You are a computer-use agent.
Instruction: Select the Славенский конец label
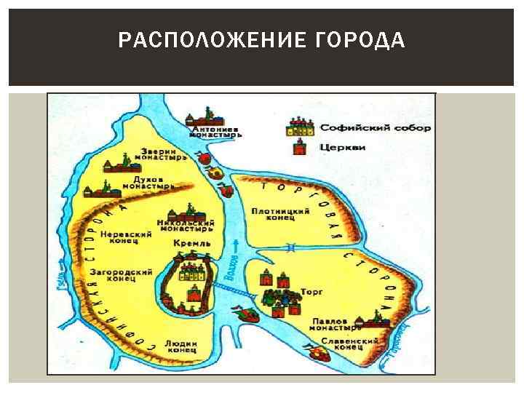pos(355,344)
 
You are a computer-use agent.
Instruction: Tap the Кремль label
pos(192,242)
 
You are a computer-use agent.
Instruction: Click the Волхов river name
pos(234,269)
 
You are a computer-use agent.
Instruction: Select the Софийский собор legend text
pos(375,128)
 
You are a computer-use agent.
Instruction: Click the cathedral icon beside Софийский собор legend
pos(301,127)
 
